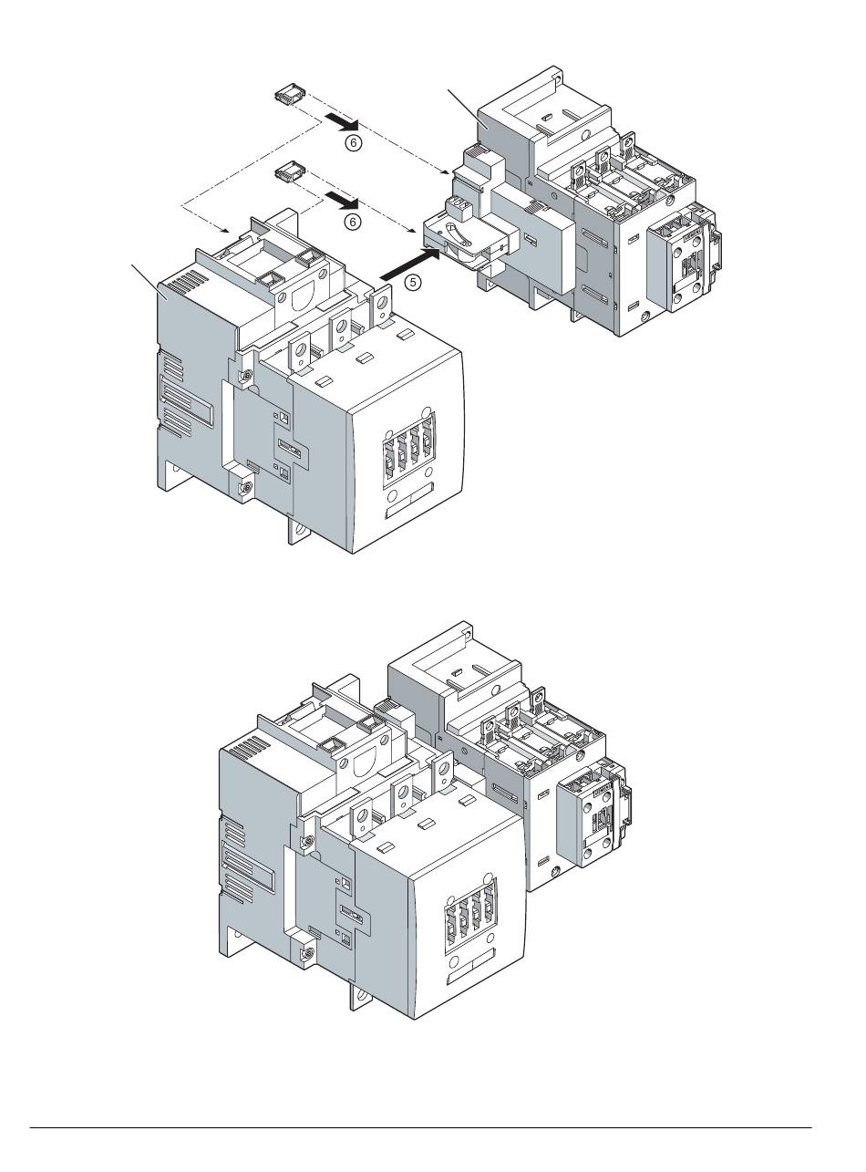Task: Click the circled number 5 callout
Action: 413,282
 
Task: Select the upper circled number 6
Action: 354,142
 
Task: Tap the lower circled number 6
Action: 354,223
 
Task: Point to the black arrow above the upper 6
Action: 342,122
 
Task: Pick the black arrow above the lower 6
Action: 342,201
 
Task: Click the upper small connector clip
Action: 290,94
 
